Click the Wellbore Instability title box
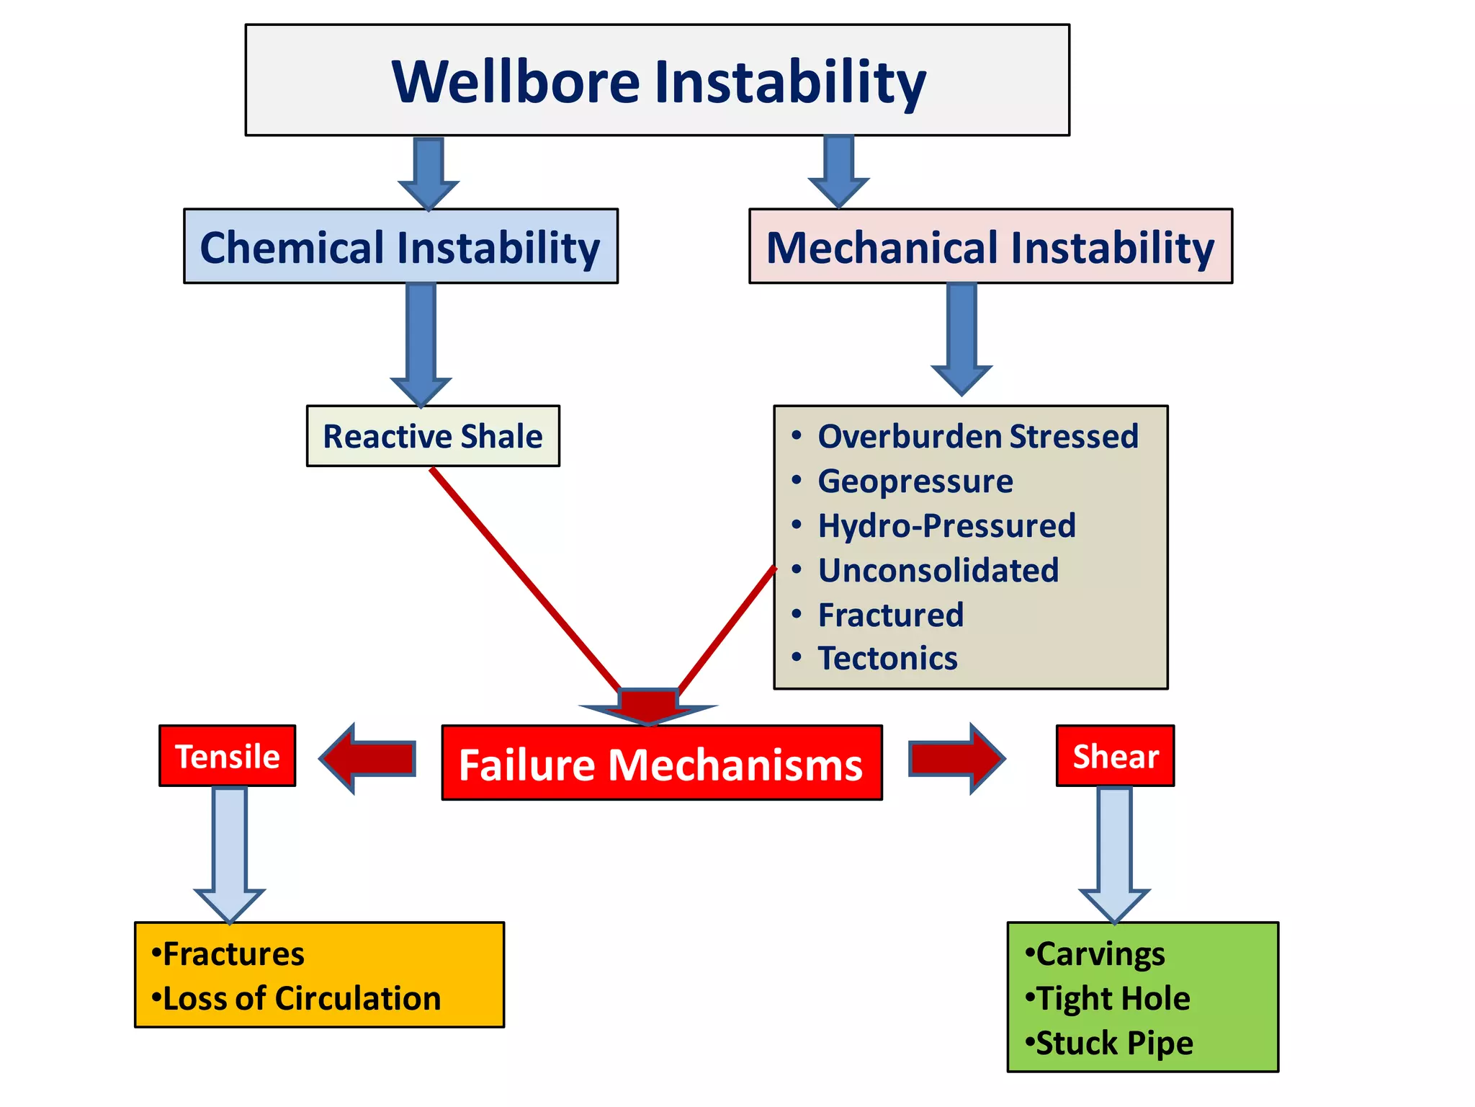click(657, 80)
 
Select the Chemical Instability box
click(400, 246)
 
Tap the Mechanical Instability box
click(990, 246)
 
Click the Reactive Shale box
click(433, 436)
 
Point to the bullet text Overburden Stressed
click(977, 437)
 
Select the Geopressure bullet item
click(915, 481)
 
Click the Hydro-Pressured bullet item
click(946, 525)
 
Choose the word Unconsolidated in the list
click(938, 570)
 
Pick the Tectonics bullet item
click(887, 659)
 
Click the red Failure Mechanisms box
click(661, 763)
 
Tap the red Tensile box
click(228, 756)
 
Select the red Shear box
click(1115, 756)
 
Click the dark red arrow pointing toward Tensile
click(369, 758)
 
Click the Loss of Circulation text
click(302, 999)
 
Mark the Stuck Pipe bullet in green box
click(1114, 1043)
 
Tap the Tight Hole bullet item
click(1113, 999)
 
